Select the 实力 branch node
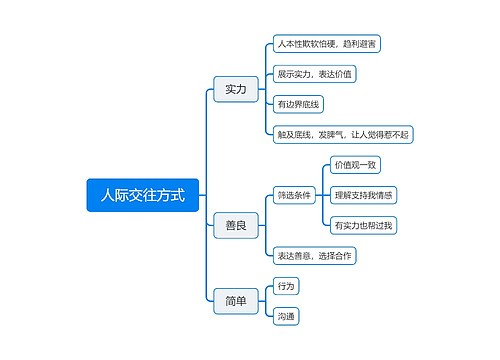point(236,89)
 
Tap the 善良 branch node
point(236,226)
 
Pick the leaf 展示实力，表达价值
point(315,74)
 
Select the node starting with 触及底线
point(343,134)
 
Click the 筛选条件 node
point(295,195)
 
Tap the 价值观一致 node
point(355,165)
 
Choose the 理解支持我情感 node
point(364,195)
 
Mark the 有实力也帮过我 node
point(364,225)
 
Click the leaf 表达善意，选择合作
point(315,256)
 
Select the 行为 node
point(286,286)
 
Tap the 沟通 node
point(286,316)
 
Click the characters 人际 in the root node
point(104,194)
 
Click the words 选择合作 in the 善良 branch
point(335,256)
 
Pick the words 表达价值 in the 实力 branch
point(335,74)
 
